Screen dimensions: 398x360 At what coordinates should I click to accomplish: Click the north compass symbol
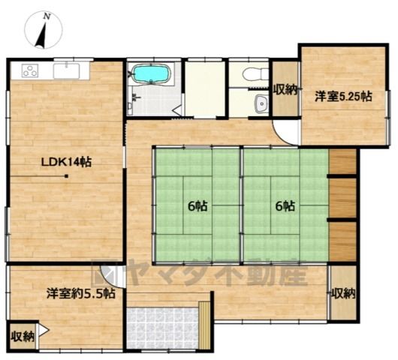click(44, 30)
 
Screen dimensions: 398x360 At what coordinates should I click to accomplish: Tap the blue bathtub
click(152, 73)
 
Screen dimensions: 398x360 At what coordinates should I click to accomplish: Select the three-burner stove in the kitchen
click(30, 70)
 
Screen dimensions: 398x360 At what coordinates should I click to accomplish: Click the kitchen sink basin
click(67, 70)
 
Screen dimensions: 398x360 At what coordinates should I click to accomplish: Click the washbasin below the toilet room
click(261, 103)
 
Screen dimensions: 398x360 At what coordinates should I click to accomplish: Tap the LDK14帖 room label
click(67, 162)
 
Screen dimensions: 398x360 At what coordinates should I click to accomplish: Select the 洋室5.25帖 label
click(343, 97)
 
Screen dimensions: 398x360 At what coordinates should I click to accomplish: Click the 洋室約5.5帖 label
click(80, 293)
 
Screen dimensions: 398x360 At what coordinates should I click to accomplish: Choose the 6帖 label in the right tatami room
click(285, 206)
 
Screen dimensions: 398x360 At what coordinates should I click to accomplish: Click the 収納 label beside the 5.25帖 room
click(285, 90)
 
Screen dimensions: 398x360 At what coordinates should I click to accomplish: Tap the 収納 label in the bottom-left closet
click(23, 337)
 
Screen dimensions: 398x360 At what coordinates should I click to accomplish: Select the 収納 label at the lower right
click(343, 293)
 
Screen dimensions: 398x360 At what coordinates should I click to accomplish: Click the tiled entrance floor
click(162, 328)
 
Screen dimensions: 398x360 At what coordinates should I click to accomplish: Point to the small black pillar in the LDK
click(67, 176)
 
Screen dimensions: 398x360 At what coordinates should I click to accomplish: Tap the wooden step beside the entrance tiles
click(204, 325)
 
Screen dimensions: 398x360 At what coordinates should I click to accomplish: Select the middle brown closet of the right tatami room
click(342, 198)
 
